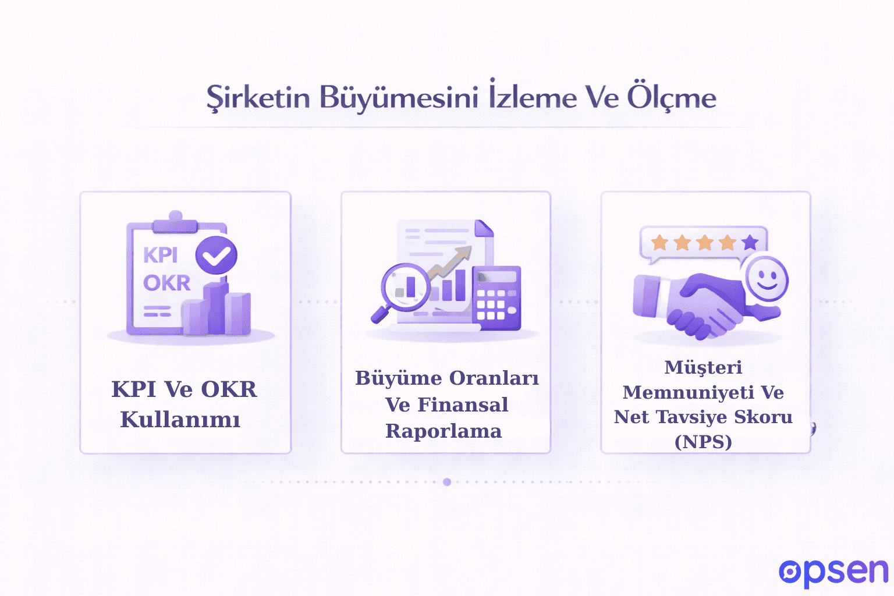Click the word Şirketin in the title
coord(258,98)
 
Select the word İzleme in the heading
coord(533,97)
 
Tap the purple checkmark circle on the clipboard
coord(216,255)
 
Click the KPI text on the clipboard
coord(160,256)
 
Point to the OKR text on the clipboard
coord(166,283)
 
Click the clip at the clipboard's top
coord(175,222)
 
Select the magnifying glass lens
coord(406,286)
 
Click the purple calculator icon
coord(496,297)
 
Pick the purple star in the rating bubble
coord(750,242)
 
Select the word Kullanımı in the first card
coord(180,420)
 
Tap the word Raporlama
coord(444,431)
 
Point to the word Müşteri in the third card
coord(703,367)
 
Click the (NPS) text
coord(703,442)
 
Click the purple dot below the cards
coord(447,482)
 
